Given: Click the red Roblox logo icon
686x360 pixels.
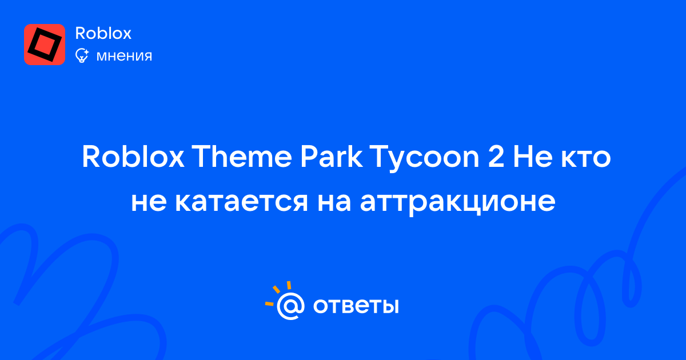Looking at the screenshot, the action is [x=45, y=45].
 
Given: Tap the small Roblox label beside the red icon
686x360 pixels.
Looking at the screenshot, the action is [x=103, y=33].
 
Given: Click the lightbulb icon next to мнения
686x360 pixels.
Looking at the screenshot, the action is [x=82, y=55].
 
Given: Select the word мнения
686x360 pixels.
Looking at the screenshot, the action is [x=124, y=56].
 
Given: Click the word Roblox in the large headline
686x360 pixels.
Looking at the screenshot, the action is [x=133, y=157].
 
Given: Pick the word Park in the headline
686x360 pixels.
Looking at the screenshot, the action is [x=331, y=157].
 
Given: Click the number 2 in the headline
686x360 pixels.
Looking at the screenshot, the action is [x=496, y=157].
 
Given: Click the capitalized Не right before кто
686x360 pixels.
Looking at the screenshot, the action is [x=533, y=157].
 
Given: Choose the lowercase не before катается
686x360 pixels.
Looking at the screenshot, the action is [x=149, y=202].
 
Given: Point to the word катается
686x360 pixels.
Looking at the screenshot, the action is [x=241, y=202].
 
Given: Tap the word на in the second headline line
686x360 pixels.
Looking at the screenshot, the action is [x=334, y=202].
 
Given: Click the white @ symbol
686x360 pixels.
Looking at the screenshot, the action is [x=290, y=306].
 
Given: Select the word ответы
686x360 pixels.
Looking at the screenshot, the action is [x=356, y=306].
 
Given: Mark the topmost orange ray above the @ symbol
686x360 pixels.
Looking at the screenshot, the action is [x=289, y=285].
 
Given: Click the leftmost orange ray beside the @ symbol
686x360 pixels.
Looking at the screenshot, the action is [x=269, y=303].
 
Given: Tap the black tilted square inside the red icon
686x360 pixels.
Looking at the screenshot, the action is [x=45, y=45].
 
